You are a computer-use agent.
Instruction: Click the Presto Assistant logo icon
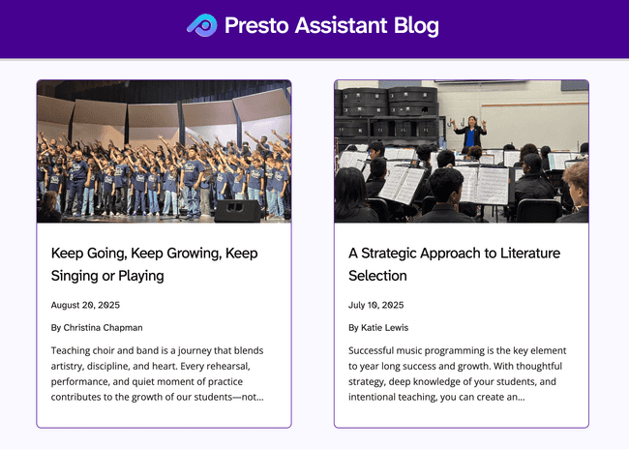coord(201,25)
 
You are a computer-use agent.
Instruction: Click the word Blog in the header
coord(416,25)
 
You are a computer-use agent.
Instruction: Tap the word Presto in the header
coord(255,25)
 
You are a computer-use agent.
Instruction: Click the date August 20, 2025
coord(85,305)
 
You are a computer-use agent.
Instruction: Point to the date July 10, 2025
coord(374,305)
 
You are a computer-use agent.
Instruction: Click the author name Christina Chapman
coord(103,327)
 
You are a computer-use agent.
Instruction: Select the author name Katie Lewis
coord(386,327)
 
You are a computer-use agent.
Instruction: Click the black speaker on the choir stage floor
coord(236,210)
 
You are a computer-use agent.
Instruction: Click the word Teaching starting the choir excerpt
coord(75,350)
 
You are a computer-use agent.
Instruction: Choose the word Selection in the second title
coord(377,276)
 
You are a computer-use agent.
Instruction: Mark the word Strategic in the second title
coord(396,254)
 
